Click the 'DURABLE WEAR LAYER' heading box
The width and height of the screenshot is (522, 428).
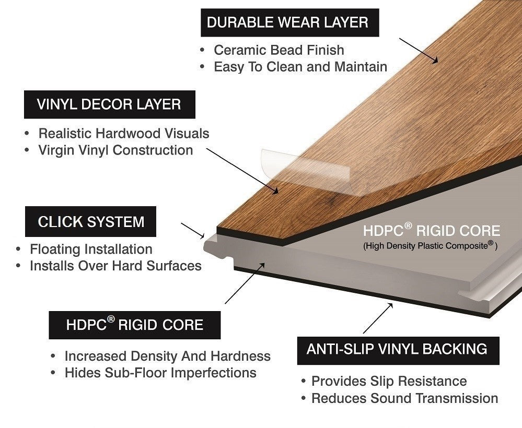tap(289, 22)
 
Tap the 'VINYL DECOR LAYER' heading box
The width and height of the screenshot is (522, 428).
tap(110, 104)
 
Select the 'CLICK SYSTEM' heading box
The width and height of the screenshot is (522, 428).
tap(90, 221)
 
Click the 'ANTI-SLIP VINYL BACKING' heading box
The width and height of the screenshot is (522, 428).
tap(398, 351)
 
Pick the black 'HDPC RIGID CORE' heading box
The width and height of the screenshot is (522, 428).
tap(134, 325)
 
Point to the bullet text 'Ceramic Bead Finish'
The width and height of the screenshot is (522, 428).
tap(279, 50)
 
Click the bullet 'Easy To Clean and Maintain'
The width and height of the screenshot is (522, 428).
tap(300, 67)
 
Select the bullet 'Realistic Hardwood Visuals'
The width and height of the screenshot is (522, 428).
tap(124, 133)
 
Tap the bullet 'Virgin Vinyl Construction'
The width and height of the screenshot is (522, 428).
tap(116, 150)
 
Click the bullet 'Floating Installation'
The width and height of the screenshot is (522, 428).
tap(91, 249)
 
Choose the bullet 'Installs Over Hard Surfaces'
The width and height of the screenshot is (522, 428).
tap(116, 266)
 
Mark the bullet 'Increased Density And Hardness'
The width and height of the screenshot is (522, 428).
tap(167, 356)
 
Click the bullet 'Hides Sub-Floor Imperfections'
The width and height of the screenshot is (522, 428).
tap(160, 373)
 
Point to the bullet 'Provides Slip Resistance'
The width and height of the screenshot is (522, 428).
tap(389, 382)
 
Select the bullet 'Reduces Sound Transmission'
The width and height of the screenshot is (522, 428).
tap(404, 398)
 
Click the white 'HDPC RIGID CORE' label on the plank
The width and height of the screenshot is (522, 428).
tap(432, 231)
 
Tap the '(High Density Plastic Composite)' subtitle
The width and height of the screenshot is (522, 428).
tap(430, 246)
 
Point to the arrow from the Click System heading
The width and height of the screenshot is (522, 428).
tap(193, 231)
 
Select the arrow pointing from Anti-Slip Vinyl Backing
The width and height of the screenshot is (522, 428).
tap(378, 318)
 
